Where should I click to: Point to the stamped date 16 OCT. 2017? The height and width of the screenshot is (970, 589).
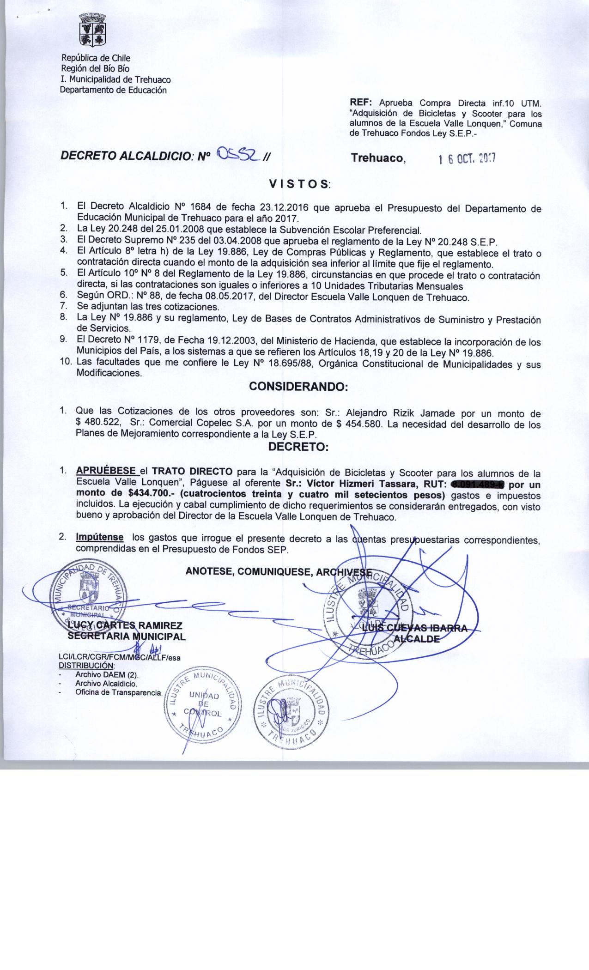[x=467, y=159]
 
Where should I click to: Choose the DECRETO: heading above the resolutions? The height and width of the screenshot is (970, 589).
[x=298, y=447]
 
